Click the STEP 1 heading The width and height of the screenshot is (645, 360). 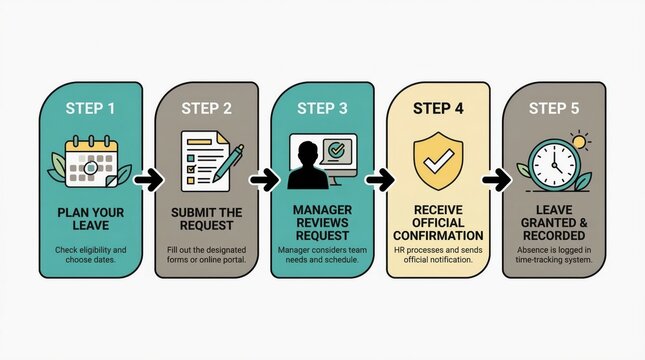click(x=89, y=107)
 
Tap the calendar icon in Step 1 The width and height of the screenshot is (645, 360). click(x=89, y=162)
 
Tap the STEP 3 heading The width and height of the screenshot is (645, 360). click(x=322, y=107)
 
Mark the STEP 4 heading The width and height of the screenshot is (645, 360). click(x=437, y=107)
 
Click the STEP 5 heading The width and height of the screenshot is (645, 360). click(x=553, y=107)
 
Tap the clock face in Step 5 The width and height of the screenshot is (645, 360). click(x=551, y=164)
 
